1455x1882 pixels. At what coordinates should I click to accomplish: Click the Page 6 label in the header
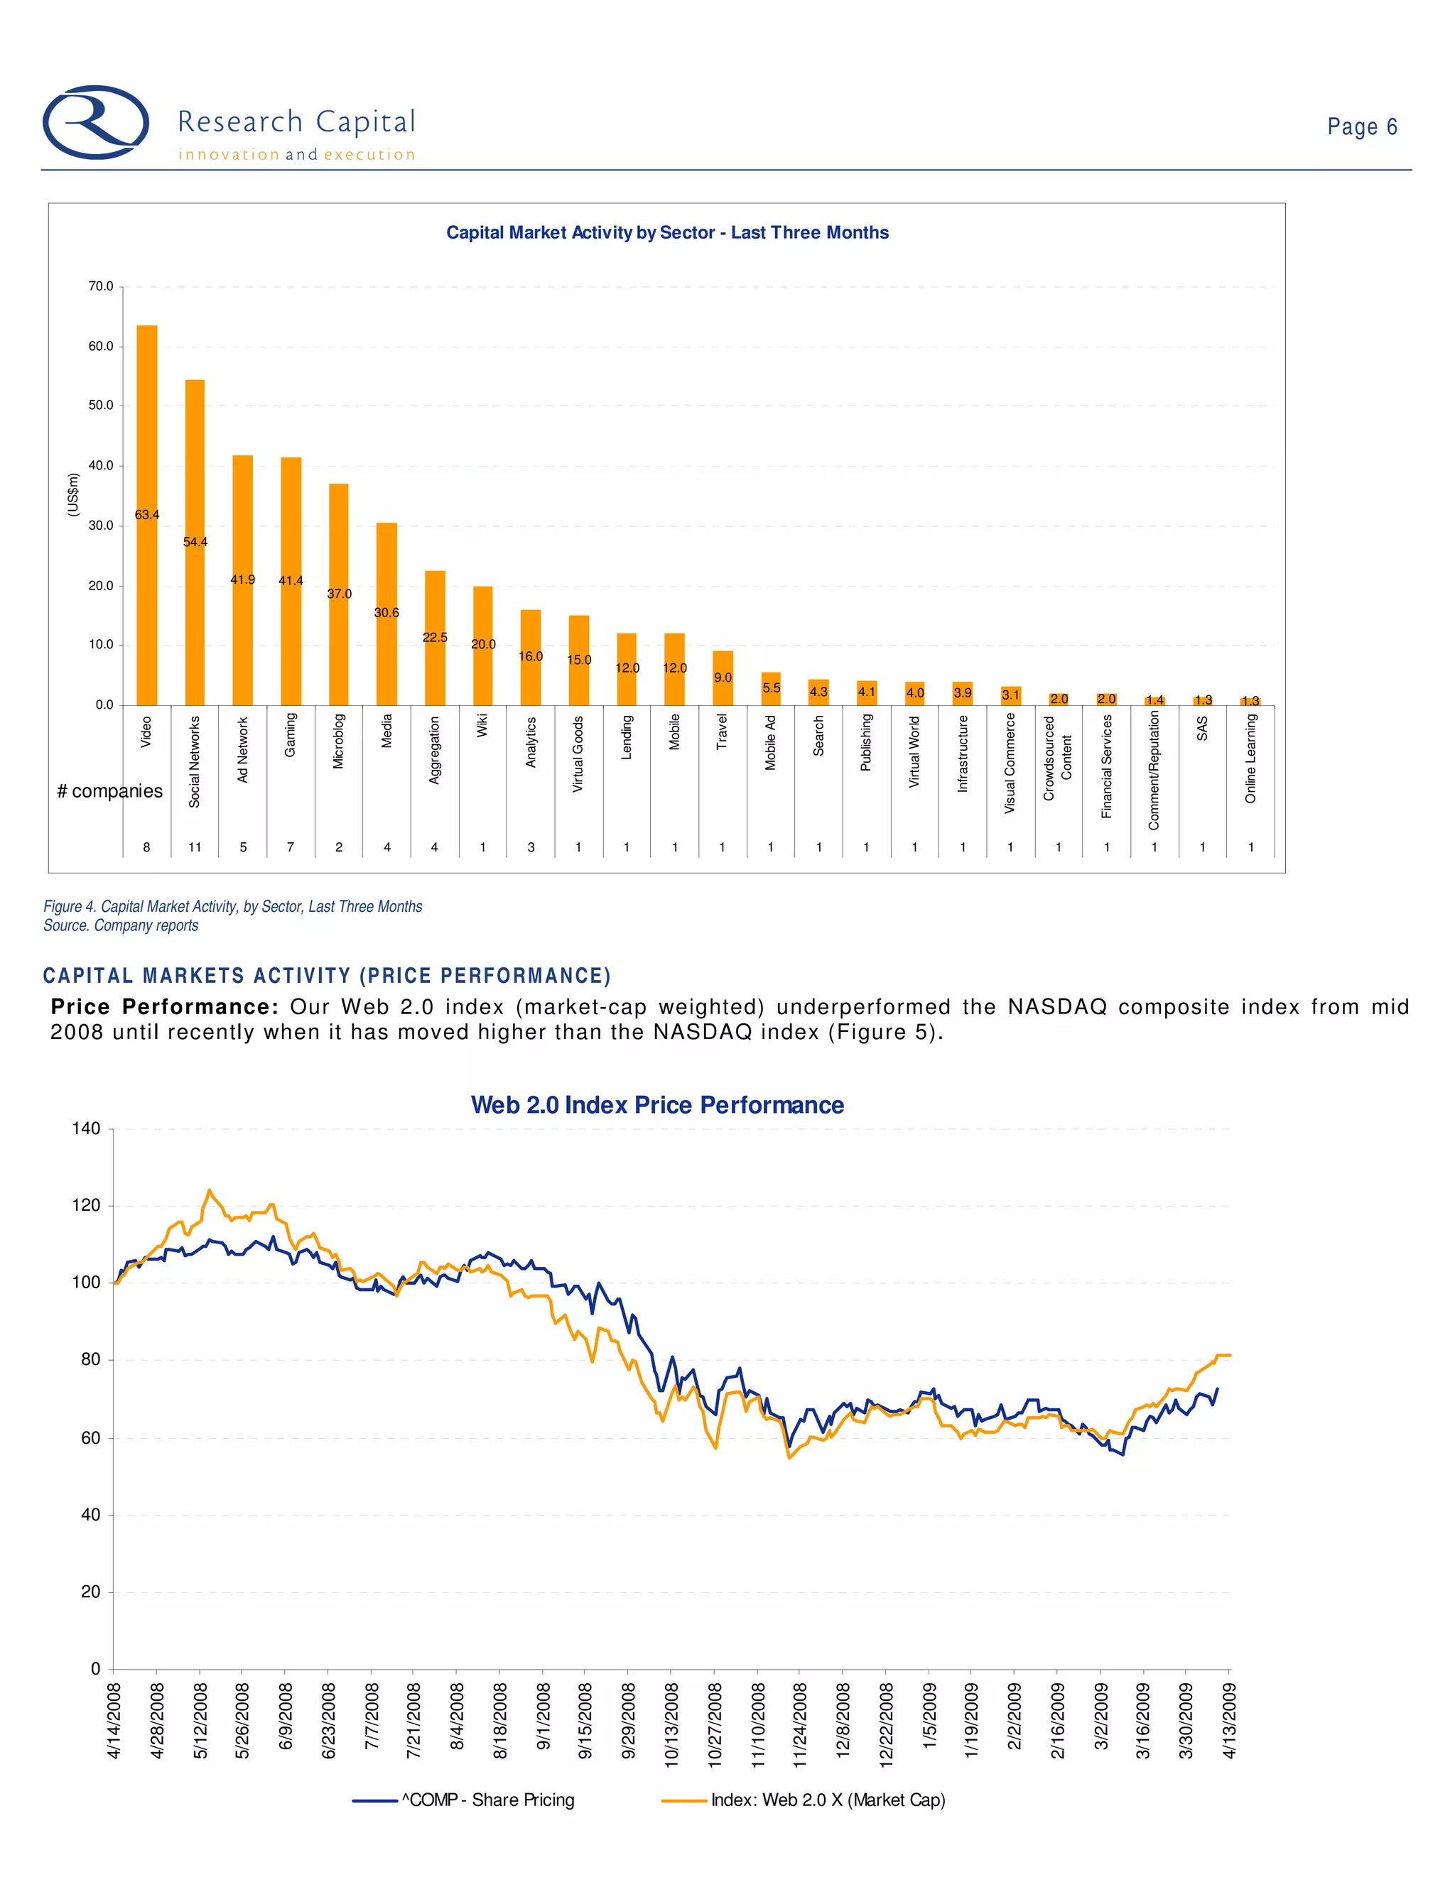click(1361, 126)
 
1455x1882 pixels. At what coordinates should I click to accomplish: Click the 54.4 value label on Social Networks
click(195, 542)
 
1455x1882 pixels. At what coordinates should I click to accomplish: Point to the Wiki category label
click(482, 726)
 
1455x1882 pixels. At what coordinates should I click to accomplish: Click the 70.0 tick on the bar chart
click(101, 286)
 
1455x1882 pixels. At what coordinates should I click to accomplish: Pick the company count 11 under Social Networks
click(195, 847)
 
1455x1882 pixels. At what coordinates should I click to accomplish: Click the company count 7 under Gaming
click(291, 847)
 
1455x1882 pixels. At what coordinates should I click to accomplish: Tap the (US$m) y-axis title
click(73, 496)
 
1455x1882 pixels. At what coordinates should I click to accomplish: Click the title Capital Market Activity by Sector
click(667, 233)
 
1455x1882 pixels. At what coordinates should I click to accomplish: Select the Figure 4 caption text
click(233, 906)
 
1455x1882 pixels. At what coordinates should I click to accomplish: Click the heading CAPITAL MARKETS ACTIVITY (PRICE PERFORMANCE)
click(327, 976)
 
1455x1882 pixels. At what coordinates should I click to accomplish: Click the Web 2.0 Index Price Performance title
click(657, 1105)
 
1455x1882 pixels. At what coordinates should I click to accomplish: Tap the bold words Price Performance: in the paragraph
click(164, 1006)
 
